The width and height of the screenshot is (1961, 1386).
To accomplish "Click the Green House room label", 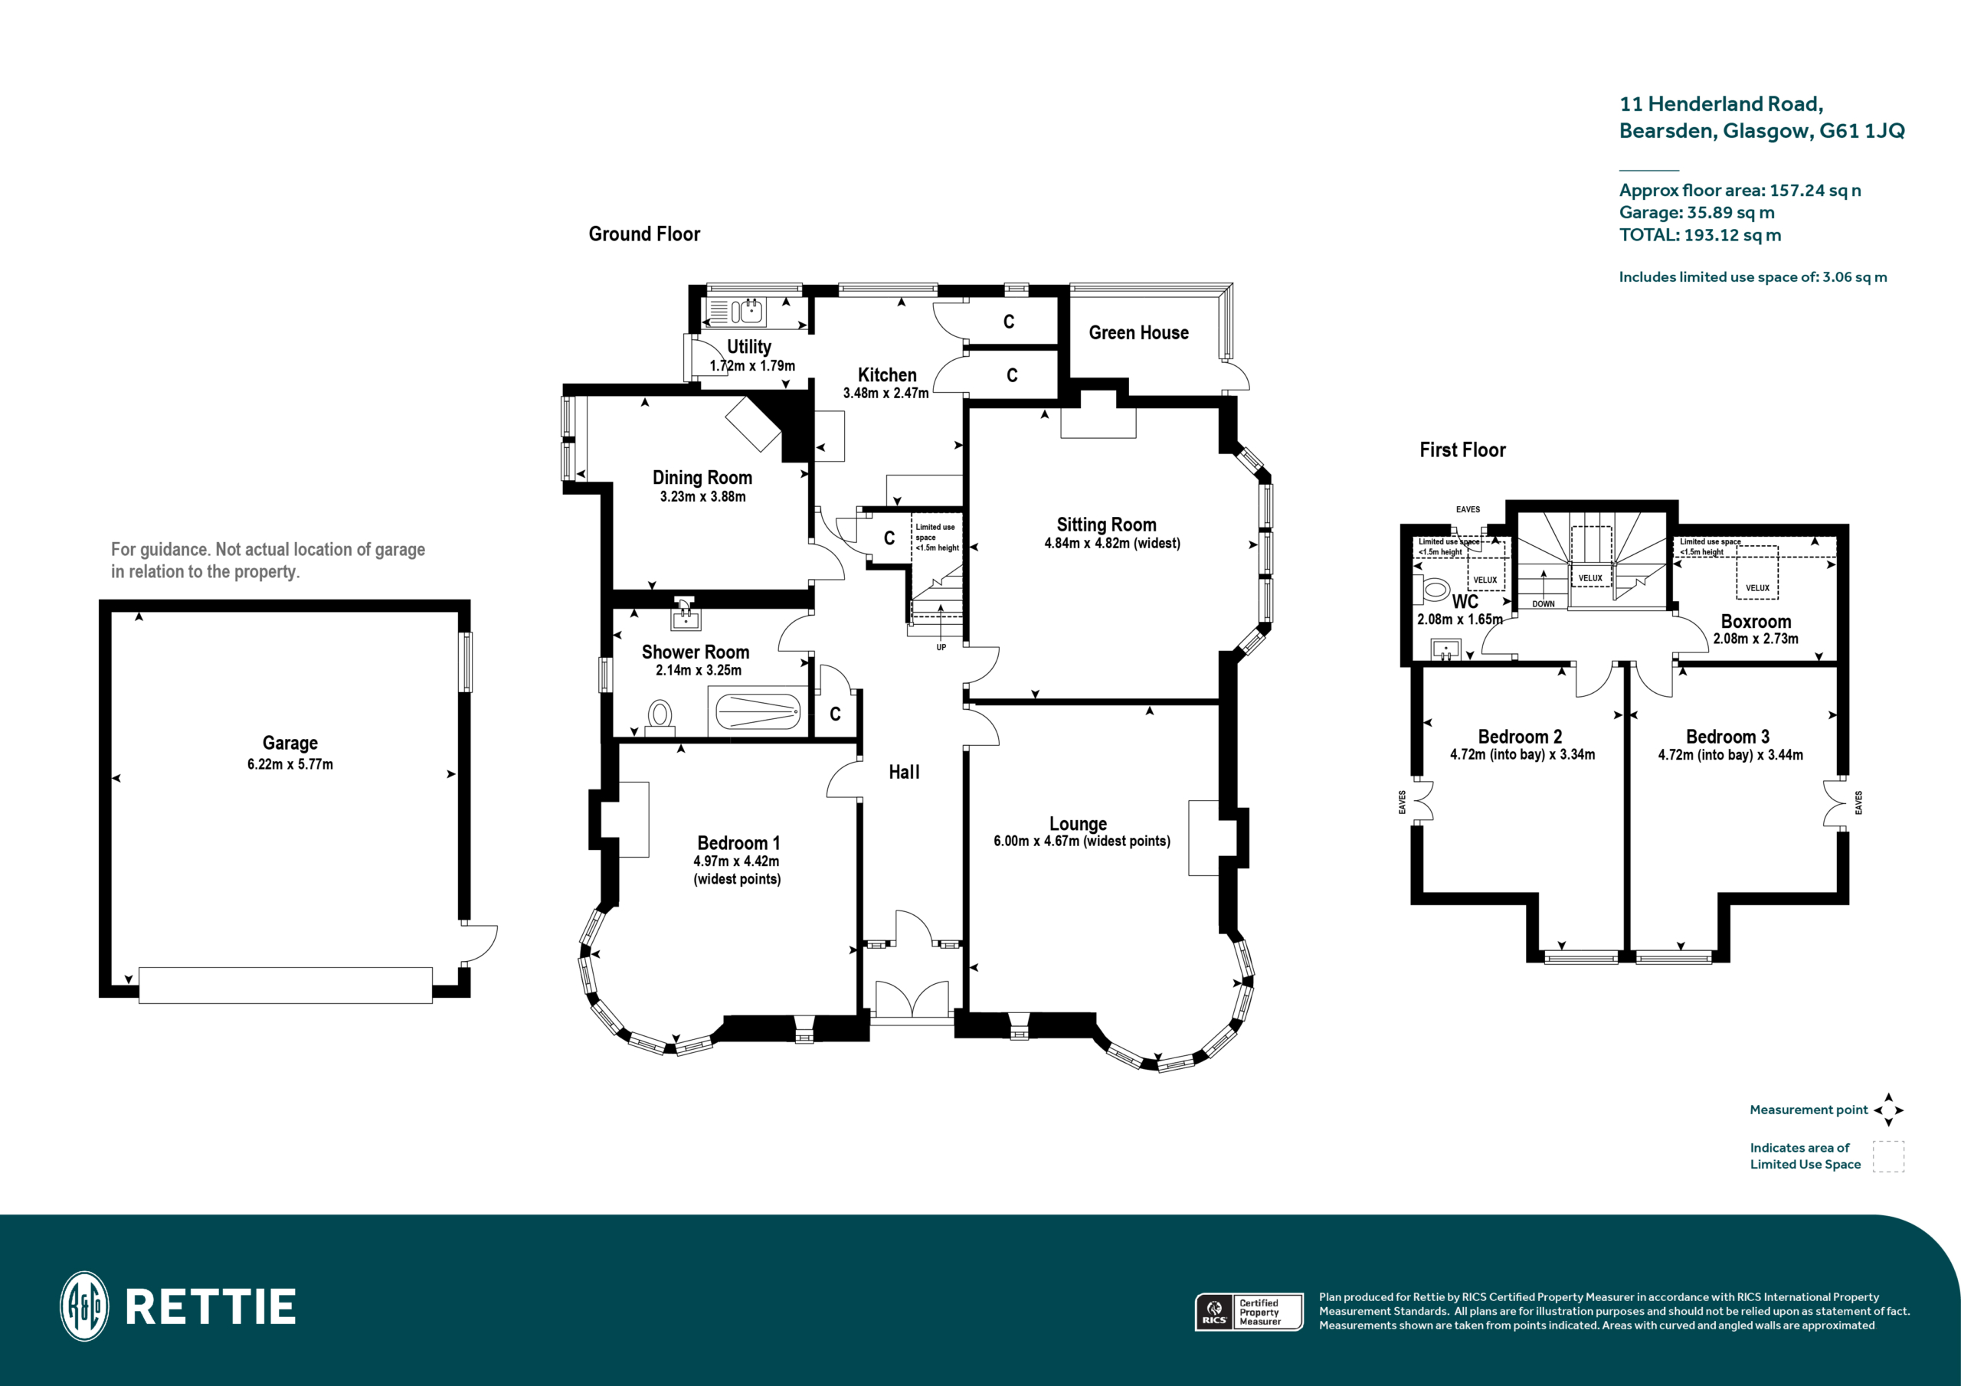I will tap(1138, 333).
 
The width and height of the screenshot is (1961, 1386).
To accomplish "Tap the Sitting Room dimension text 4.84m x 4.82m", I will tap(1111, 543).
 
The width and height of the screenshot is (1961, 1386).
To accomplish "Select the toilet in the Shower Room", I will tap(660, 716).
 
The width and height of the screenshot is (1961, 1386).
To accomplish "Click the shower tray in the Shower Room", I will tap(757, 711).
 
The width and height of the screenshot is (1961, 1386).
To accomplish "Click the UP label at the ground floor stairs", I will tap(941, 647).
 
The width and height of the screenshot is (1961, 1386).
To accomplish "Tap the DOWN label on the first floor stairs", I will tap(1543, 603).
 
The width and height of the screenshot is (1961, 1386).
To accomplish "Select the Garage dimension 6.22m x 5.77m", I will tap(290, 764).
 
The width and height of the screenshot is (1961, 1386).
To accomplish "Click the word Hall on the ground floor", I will tap(904, 772).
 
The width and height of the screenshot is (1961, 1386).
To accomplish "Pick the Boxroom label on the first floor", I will tap(1755, 622).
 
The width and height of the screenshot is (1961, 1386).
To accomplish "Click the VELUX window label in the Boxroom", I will tap(1757, 587).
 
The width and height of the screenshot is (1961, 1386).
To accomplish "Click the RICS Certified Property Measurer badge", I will tap(1248, 1312).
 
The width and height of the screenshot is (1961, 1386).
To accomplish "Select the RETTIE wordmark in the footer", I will tap(210, 1307).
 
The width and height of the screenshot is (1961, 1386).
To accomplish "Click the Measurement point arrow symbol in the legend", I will tap(1887, 1110).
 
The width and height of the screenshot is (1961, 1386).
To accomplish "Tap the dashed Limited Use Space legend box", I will tap(1887, 1156).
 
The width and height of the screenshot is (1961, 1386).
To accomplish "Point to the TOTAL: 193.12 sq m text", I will tap(1699, 235).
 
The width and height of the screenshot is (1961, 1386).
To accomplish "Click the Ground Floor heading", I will tap(644, 234).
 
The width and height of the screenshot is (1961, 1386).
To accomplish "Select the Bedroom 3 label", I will tap(1727, 736).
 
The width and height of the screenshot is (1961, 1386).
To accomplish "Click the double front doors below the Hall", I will tap(912, 999).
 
